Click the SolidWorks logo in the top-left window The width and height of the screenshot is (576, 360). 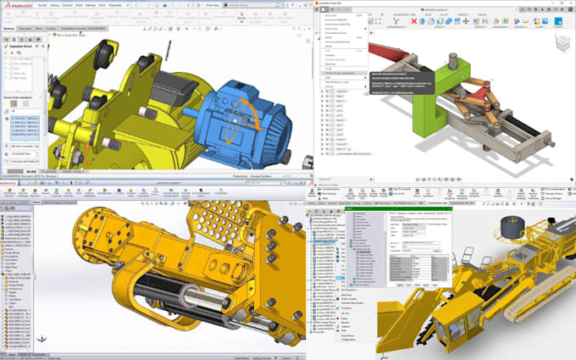19,6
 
